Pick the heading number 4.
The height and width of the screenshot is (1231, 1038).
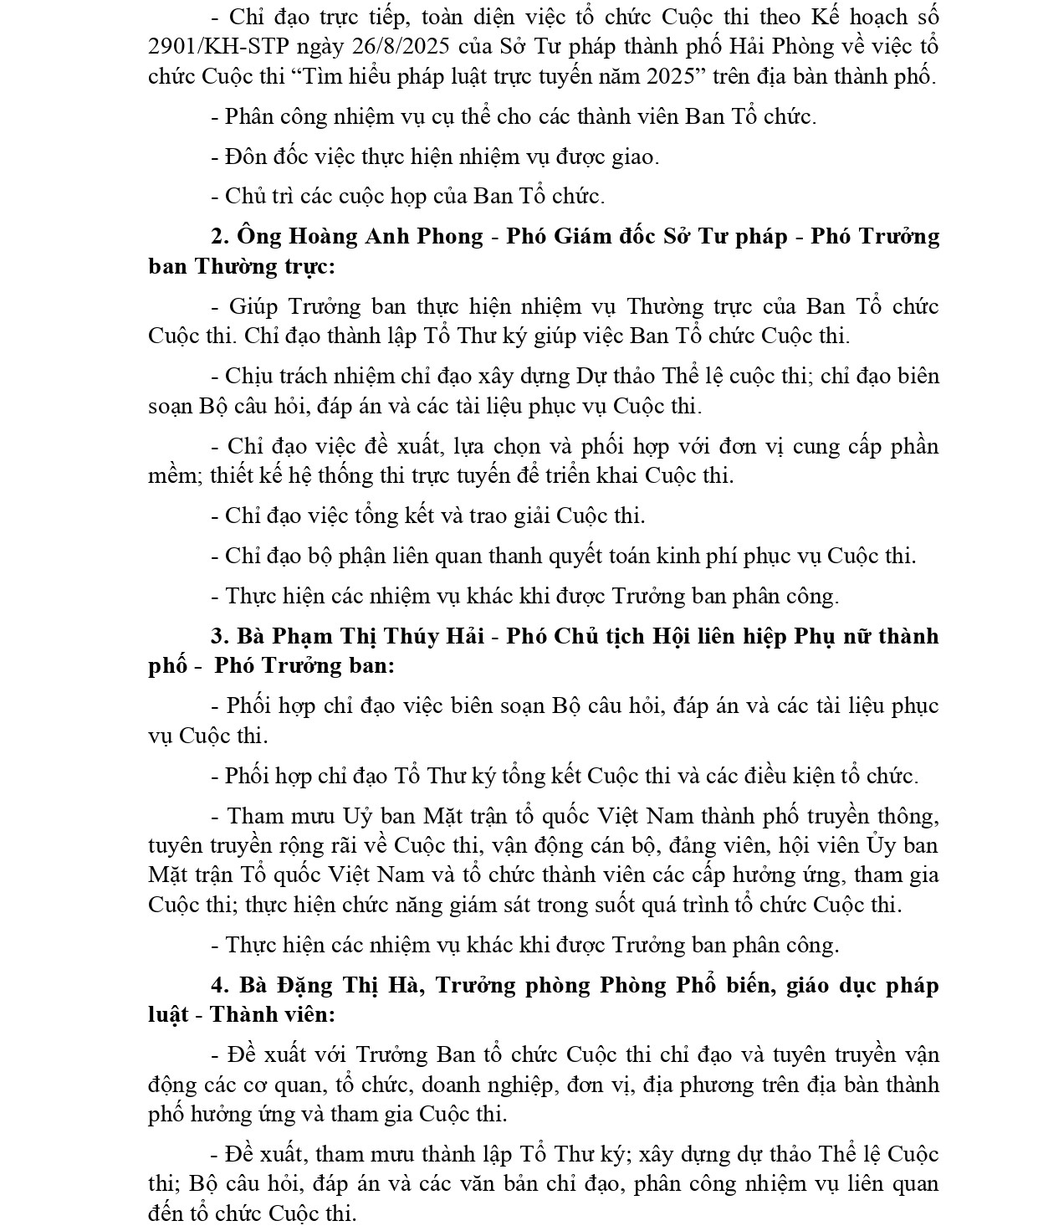pyautogui.click(x=219, y=986)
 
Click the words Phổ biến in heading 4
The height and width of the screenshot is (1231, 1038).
pyautogui.click(x=748, y=986)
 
